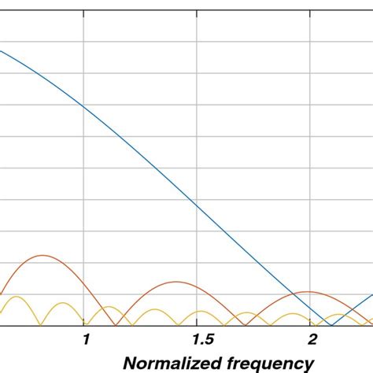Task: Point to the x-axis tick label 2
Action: tap(312, 339)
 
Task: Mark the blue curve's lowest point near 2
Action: tap(331, 325)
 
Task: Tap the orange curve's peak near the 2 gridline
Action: tap(308, 291)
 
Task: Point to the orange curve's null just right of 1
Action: tap(116, 325)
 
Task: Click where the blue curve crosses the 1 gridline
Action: tap(83, 104)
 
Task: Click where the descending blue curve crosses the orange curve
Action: tap(292, 295)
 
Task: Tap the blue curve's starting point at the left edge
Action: tap(1, 51)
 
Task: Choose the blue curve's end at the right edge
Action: tap(371, 296)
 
